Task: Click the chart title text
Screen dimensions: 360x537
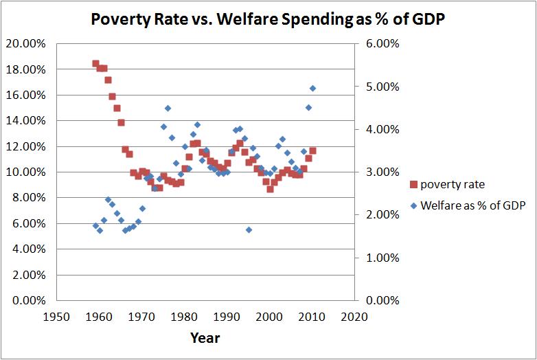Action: [267, 20]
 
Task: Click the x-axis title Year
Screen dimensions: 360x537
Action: [205, 338]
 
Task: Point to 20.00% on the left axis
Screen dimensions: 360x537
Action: [25, 43]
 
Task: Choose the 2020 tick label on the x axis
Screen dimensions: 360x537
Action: [354, 317]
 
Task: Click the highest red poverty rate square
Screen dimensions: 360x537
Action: [96, 64]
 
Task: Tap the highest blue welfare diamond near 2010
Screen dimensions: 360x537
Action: [312, 88]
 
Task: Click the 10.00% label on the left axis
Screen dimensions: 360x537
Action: [25, 172]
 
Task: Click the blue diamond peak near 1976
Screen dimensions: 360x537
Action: [168, 108]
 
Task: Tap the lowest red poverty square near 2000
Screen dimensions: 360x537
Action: [271, 189]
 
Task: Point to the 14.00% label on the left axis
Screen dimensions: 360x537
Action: [25, 121]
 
